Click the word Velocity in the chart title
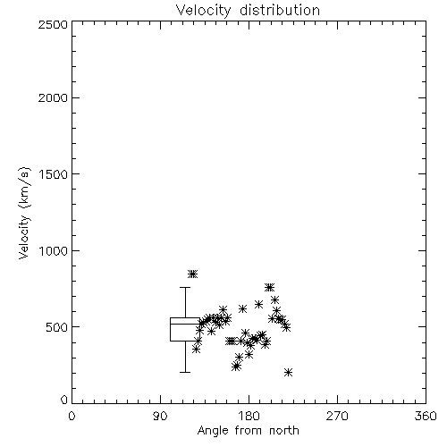click(203, 11)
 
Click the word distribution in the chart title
click(280, 10)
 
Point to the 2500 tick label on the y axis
click(53, 24)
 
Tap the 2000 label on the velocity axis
click(53, 97)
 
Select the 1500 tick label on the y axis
click(54, 174)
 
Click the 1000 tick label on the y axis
click(54, 250)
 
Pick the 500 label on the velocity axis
click(56, 327)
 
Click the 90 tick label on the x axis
click(160, 416)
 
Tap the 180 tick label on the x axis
click(249, 416)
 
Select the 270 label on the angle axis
click(337, 416)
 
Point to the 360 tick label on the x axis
click(426, 416)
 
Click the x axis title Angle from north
click(249, 431)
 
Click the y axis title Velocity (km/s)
click(24, 213)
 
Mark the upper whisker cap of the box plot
click(185, 287)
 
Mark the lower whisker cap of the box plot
click(185, 372)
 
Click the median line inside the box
click(185, 324)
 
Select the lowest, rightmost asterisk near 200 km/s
click(288, 372)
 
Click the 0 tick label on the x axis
click(72, 416)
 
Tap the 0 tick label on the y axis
click(64, 400)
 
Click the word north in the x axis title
click(284, 430)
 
